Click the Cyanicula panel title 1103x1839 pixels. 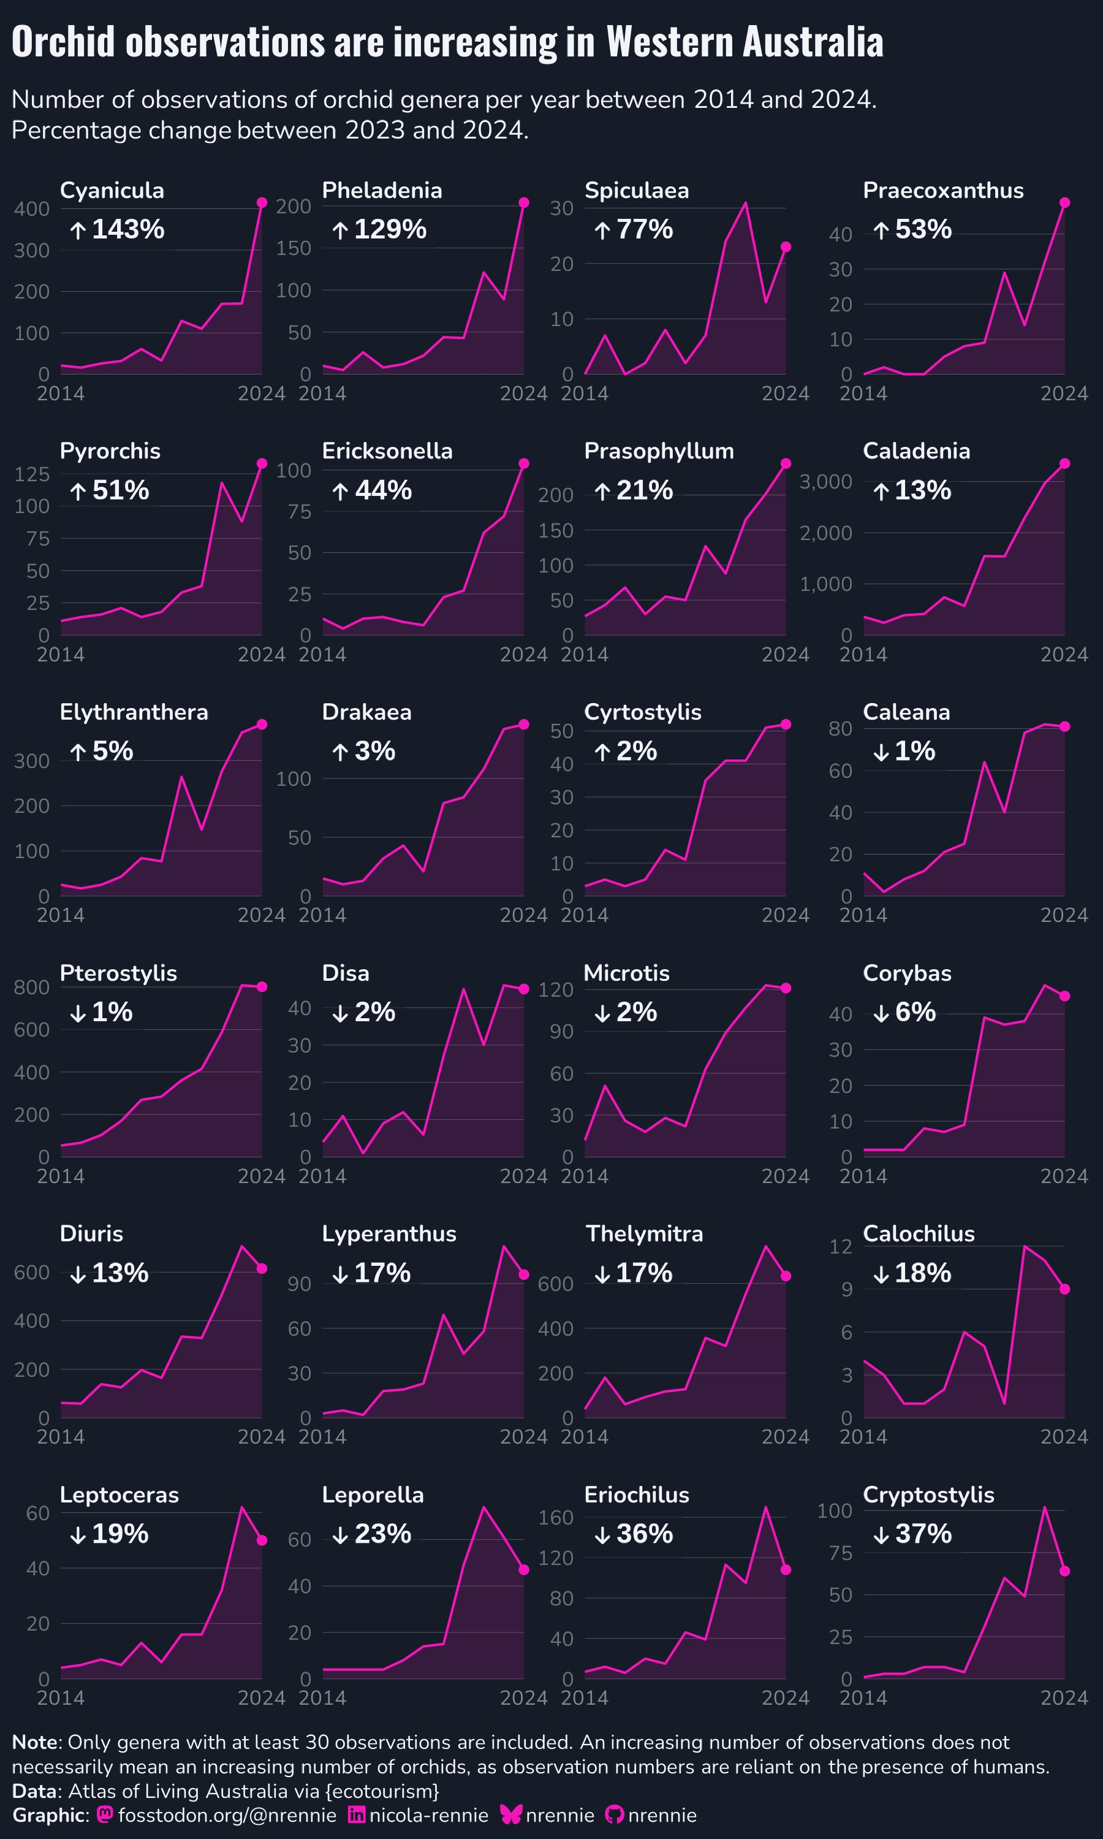click(112, 191)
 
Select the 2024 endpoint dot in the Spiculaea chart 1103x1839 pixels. click(786, 247)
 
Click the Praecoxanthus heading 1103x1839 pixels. click(943, 191)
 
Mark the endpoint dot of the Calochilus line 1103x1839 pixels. click(1064, 1289)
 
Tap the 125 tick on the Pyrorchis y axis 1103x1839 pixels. click(32, 473)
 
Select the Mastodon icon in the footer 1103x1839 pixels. click(105, 1815)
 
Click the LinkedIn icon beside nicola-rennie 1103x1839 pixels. click(357, 1815)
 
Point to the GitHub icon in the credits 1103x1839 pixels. click(615, 1815)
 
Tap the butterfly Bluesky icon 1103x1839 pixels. click(512, 1815)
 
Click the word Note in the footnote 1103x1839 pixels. click(35, 1742)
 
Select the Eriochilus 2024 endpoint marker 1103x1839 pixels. click(786, 1570)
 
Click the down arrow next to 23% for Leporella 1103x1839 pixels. click(339, 1534)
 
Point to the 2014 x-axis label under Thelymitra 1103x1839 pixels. click(585, 1437)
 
